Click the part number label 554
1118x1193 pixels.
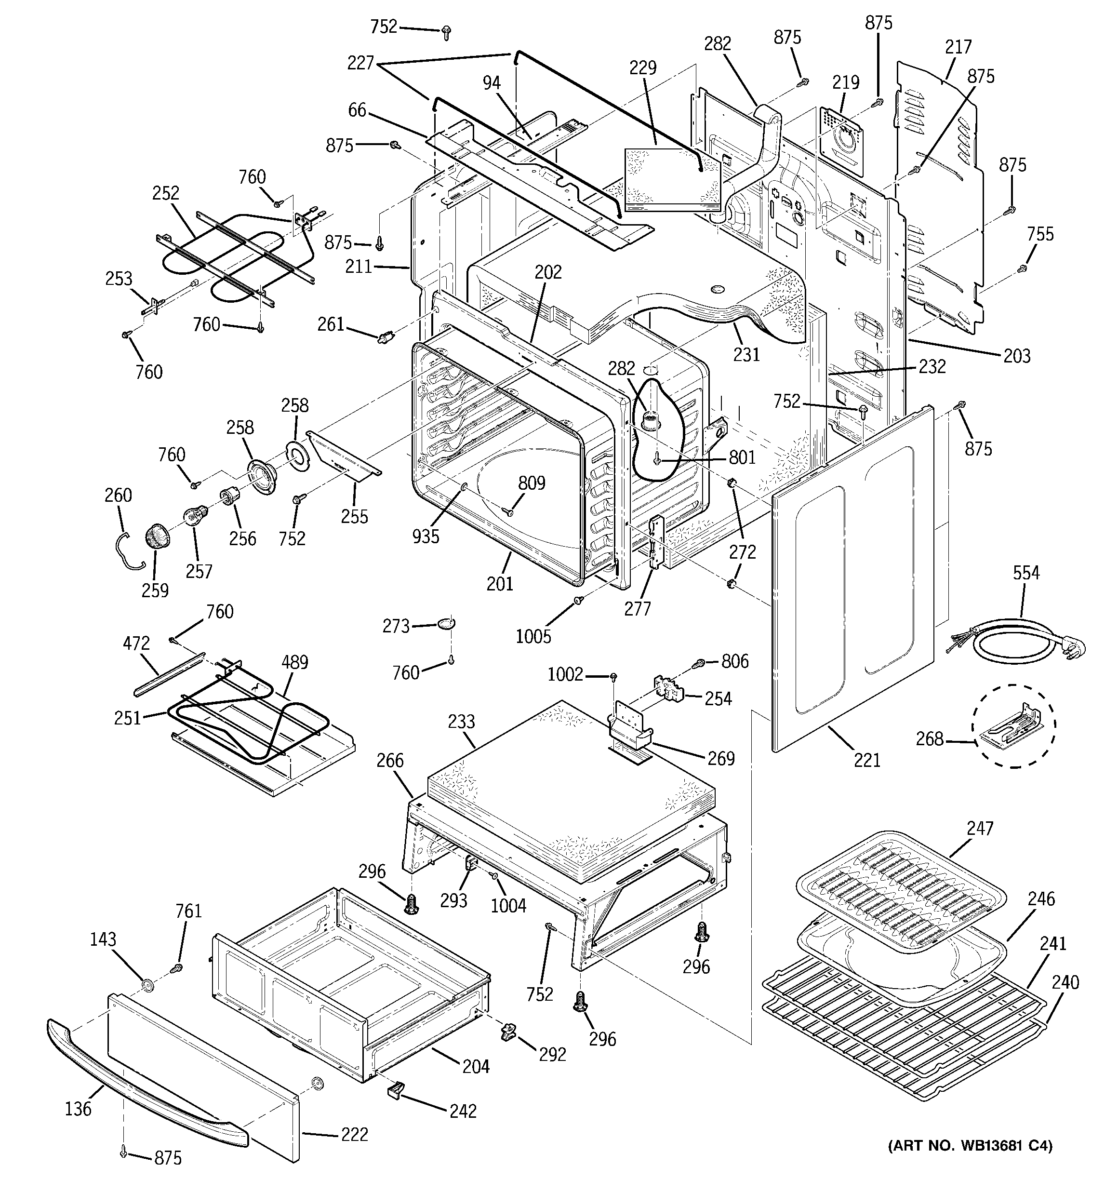(x=1025, y=573)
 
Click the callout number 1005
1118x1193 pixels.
(x=533, y=637)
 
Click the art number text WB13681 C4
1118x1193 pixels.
(x=970, y=1163)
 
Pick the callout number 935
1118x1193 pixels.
(x=426, y=536)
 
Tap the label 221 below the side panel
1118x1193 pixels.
(x=866, y=760)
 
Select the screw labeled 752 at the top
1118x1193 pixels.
(x=446, y=32)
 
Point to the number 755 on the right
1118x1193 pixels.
(x=1040, y=234)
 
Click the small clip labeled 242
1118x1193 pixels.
(x=395, y=1105)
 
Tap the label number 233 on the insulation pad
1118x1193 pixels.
(x=461, y=721)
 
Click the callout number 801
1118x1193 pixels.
(x=742, y=458)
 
